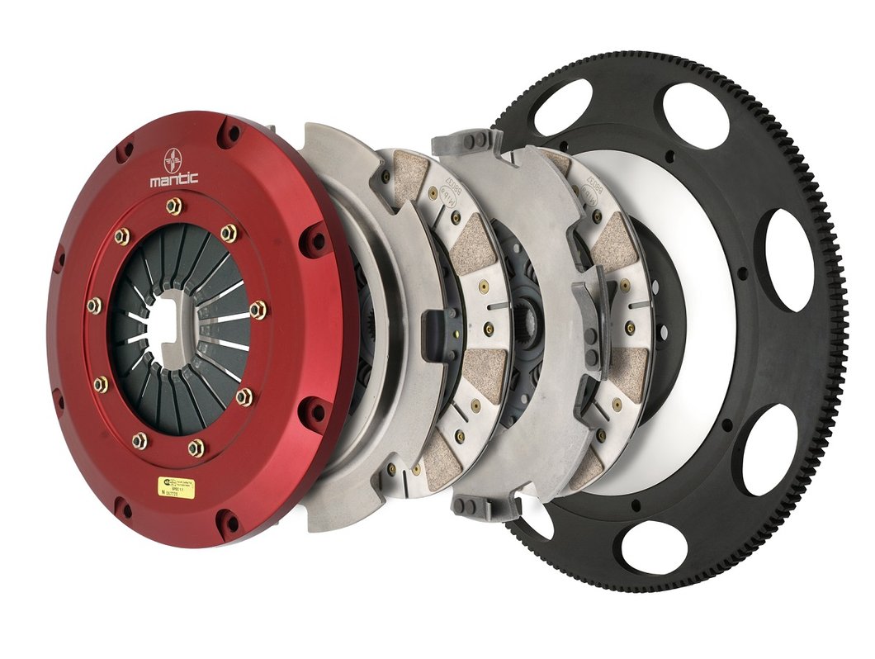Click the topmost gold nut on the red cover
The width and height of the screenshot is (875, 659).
173,206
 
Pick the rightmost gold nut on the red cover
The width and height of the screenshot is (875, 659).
258,311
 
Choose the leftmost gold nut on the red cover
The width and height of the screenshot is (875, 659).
93,306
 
